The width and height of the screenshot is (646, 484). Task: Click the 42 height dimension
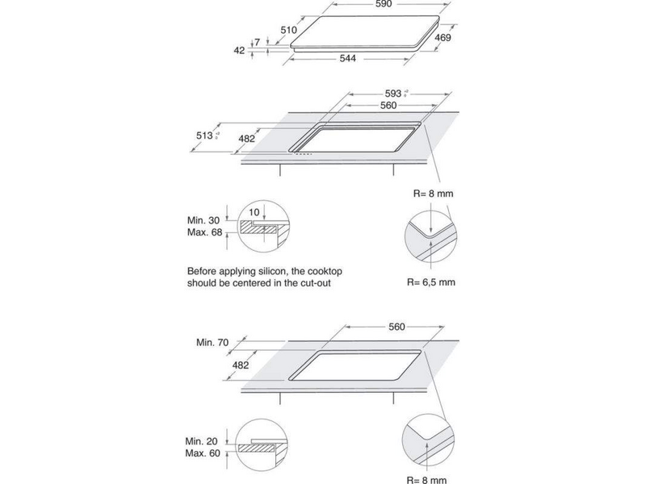click(x=238, y=50)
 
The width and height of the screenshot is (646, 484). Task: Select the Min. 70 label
click(x=212, y=343)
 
